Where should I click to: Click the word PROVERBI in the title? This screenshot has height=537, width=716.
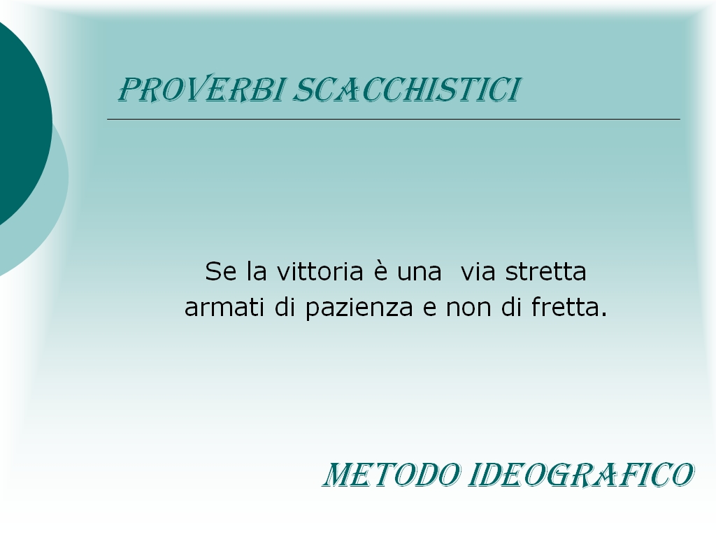(x=201, y=89)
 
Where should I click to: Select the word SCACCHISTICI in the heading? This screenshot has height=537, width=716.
(x=407, y=89)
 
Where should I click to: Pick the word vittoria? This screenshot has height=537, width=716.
(x=320, y=271)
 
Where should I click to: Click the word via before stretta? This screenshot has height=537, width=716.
(x=478, y=271)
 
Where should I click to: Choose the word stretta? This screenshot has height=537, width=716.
(x=545, y=272)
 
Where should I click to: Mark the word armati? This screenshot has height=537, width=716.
(x=224, y=307)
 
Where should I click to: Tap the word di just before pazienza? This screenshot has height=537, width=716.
(x=285, y=306)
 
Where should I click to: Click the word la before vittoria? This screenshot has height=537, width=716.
(x=257, y=271)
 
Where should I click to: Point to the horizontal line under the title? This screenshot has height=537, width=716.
(x=394, y=119)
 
